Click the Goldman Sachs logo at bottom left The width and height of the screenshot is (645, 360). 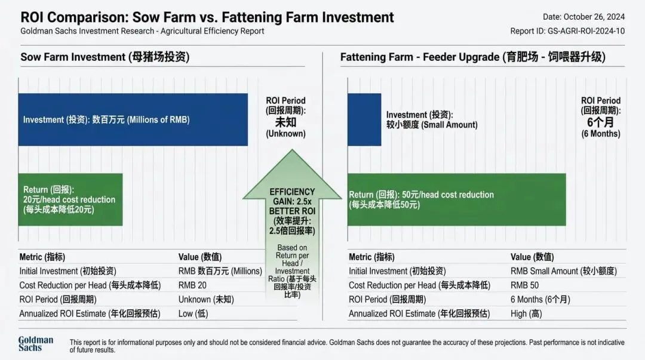click(35, 343)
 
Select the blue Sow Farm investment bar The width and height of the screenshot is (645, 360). click(133, 119)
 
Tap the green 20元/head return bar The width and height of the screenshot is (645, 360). click(70, 199)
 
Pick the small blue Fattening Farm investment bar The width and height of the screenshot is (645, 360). click(364, 119)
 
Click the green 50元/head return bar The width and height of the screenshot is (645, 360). click(457, 199)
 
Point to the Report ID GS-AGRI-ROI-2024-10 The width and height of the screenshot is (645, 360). click(567, 31)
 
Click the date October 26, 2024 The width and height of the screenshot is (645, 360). click(583, 17)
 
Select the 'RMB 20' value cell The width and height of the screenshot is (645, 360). click(192, 285)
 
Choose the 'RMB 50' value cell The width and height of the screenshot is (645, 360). click(524, 285)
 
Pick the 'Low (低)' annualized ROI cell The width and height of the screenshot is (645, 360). click(193, 313)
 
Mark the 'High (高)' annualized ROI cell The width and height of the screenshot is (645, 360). click(527, 313)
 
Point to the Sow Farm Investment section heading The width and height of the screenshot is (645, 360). click(105, 57)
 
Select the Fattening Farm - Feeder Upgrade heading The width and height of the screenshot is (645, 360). click(472, 57)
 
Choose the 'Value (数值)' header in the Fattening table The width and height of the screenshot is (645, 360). click(533, 257)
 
